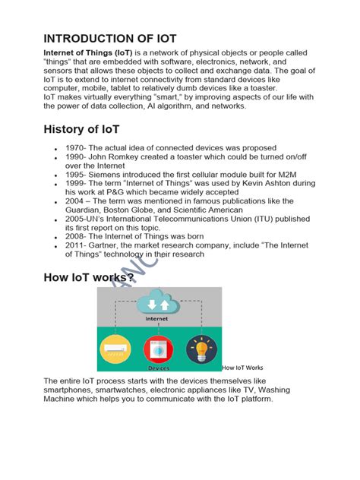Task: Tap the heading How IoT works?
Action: pos(89,278)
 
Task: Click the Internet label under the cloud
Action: pos(156,319)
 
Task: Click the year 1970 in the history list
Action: pos(75,147)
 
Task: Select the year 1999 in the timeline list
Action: pos(75,183)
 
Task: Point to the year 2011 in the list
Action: pos(75,245)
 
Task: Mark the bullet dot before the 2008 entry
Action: pos(56,237)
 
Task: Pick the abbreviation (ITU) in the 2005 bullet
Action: pos(239,219)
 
